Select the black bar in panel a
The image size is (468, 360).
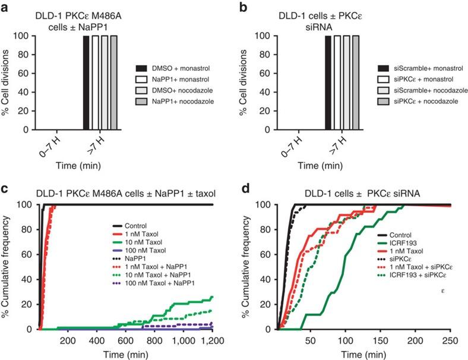pos(86,83)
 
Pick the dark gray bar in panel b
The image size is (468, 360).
pos(356,83)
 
